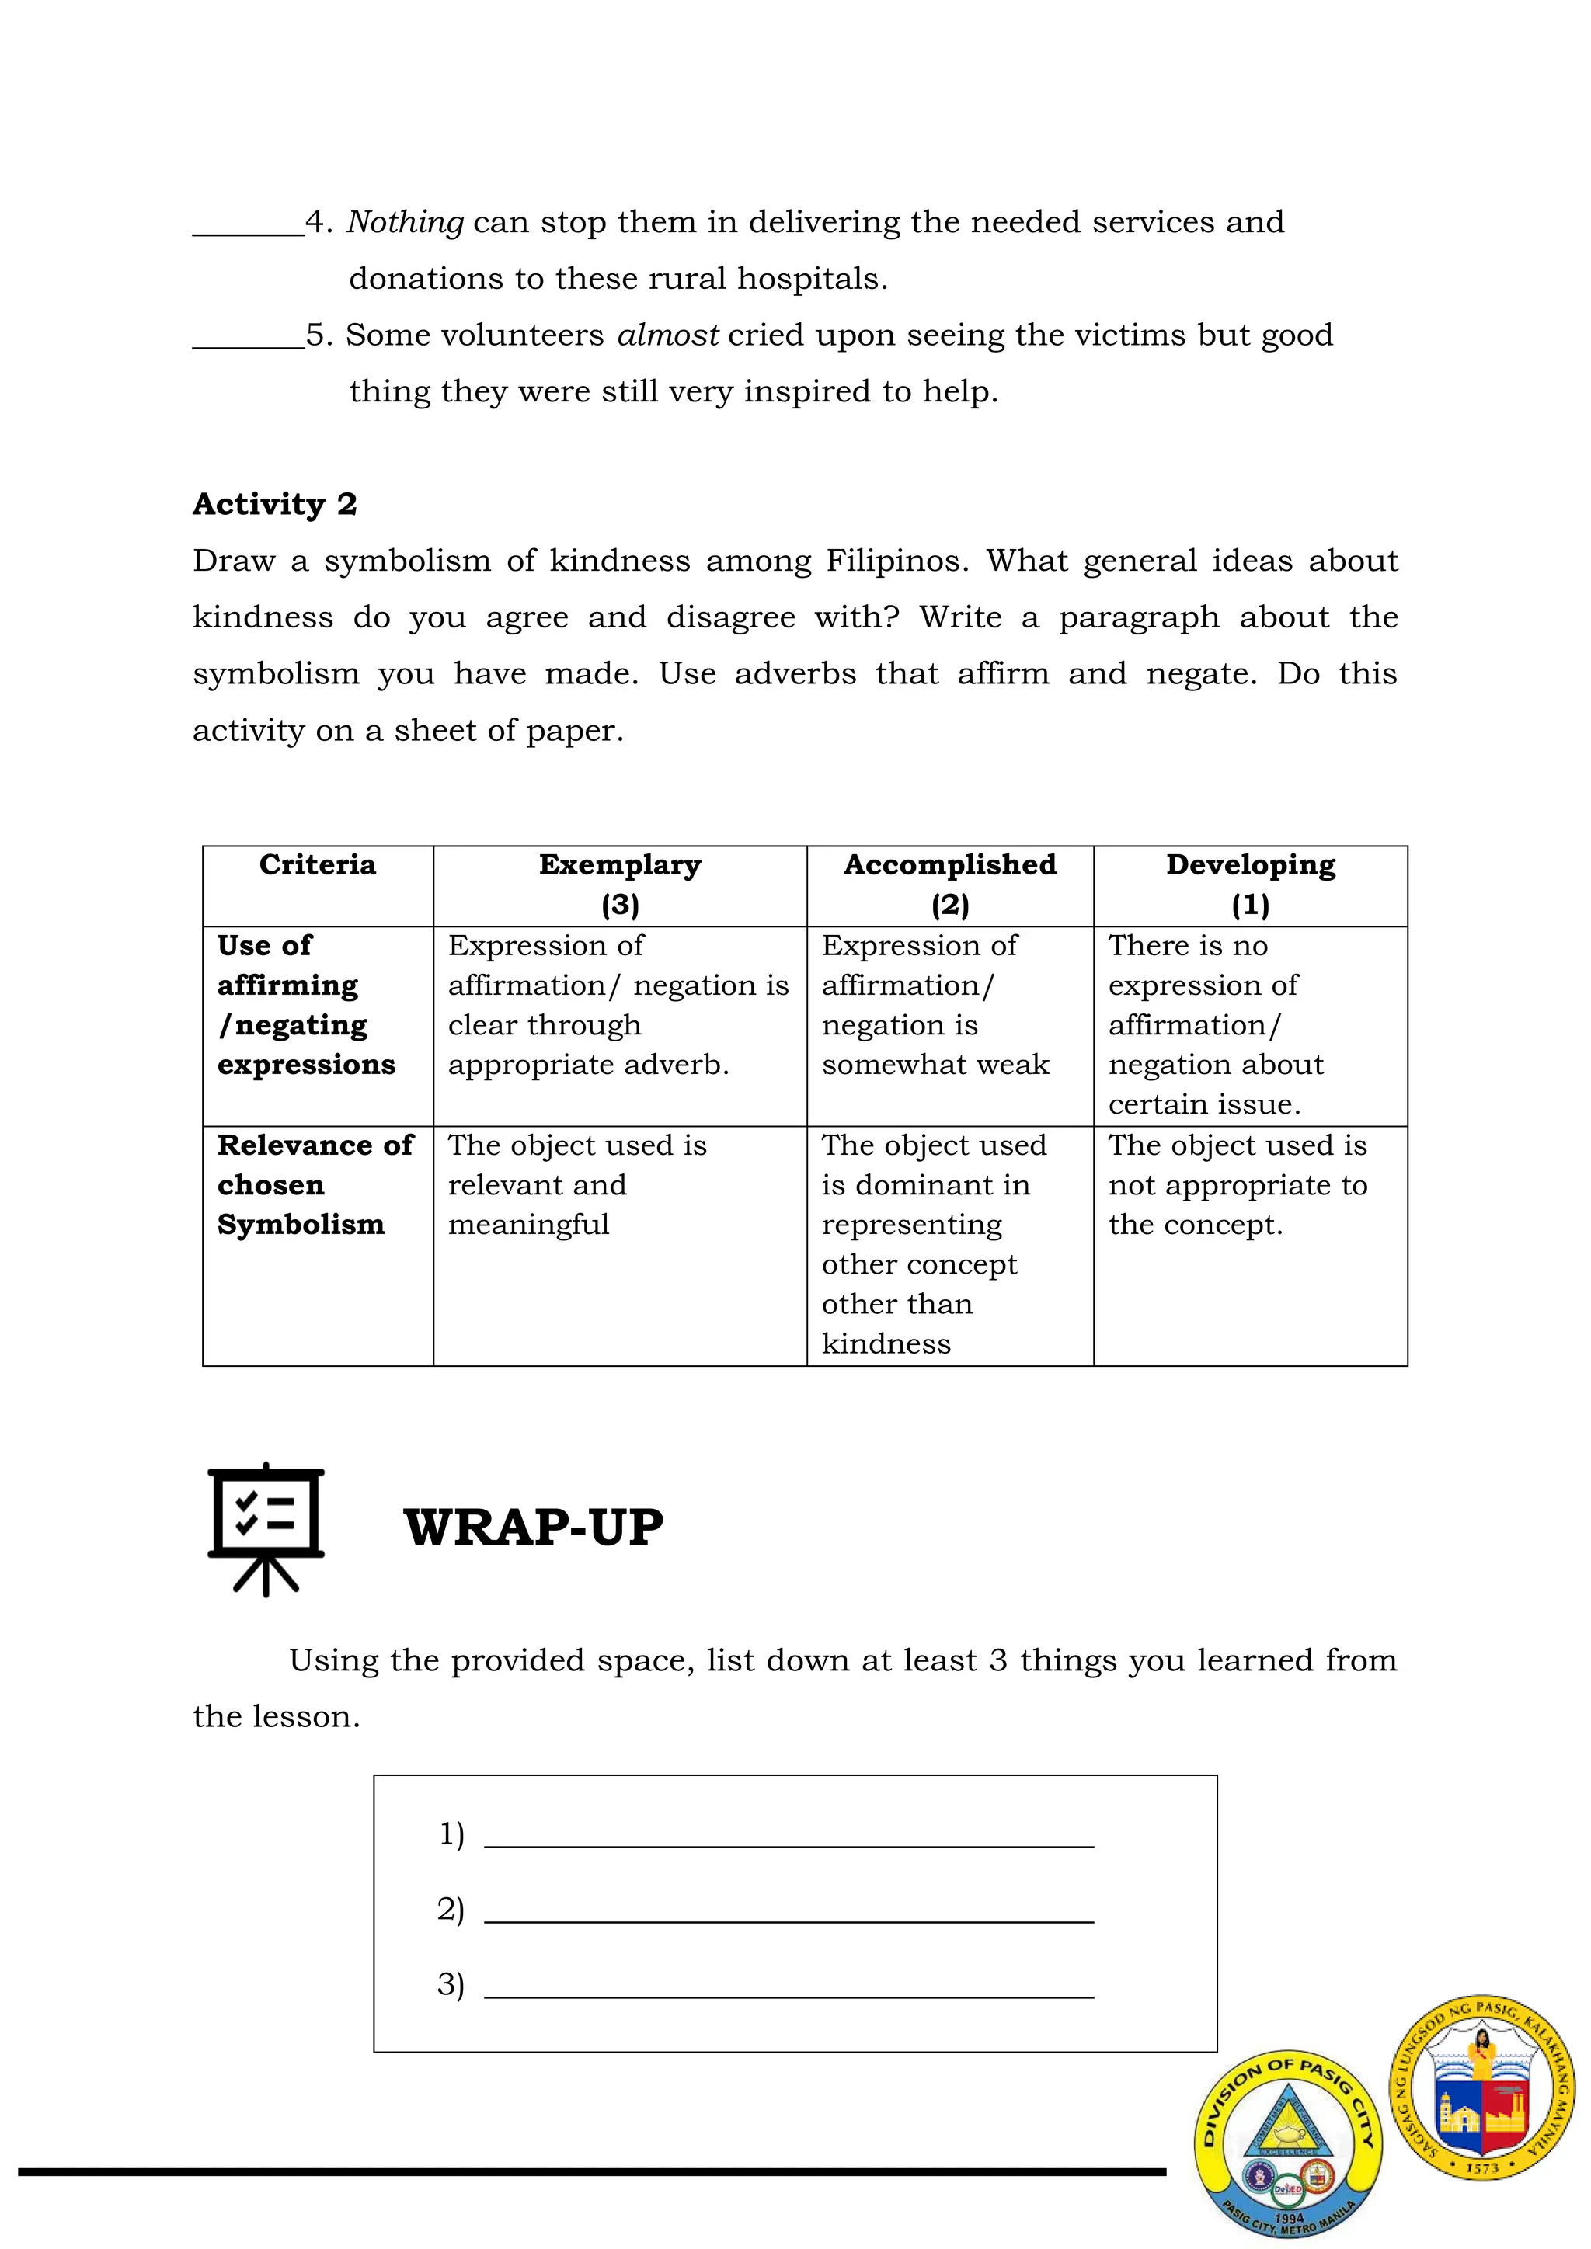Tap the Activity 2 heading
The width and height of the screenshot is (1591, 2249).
[274, 505]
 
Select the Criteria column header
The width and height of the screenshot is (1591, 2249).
[318, 866]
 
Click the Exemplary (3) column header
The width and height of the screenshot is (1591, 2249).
[619, 885]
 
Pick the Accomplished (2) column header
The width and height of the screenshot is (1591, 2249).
[949, 885]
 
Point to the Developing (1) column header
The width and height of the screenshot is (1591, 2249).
[1250, 885]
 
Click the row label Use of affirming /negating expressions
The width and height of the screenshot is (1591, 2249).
[305, 1006]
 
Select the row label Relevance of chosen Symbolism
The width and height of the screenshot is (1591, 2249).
[314, 1185]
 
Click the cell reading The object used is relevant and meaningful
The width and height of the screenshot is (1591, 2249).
[576, 1185]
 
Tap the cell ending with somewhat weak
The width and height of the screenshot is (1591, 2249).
[935, 1006]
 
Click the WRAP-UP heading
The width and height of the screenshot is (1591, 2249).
[533, 1527]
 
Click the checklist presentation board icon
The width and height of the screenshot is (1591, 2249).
[266, 1528]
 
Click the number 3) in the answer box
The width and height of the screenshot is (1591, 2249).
[451, 1984]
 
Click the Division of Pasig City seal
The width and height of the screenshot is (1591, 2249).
[1287, 2144]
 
